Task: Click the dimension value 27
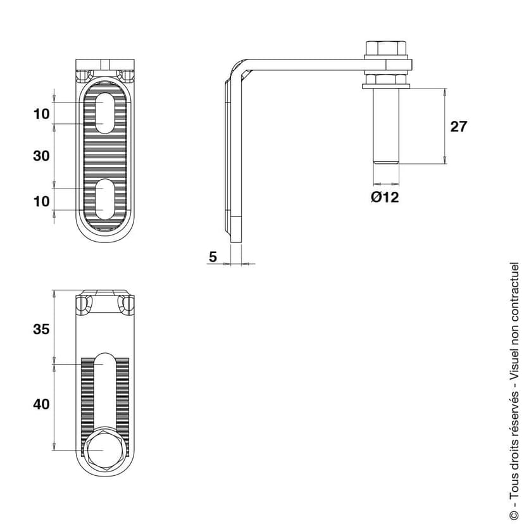coord(458,126)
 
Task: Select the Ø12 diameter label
coord(385,197)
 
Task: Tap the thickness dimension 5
coord(213,256)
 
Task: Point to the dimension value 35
coord(41,329)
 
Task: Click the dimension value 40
coord(41,404)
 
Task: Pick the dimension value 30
coord(41,156)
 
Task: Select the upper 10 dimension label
coord(41,114)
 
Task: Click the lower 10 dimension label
coord(41,201)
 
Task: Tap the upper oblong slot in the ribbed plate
coord(105,113)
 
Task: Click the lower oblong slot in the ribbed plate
coord(105,198)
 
